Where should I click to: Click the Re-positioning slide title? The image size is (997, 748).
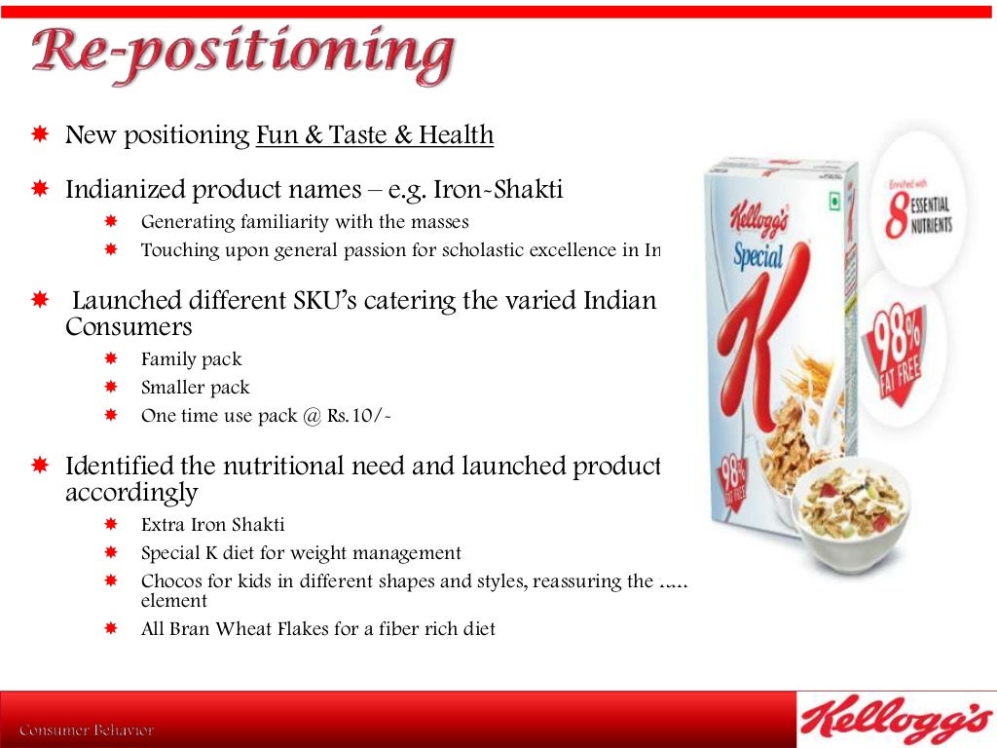click(243, 56)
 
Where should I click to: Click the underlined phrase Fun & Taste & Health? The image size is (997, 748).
click(375, 135)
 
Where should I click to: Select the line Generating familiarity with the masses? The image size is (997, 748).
click(305, 222)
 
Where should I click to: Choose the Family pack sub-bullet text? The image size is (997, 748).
click(191, 359)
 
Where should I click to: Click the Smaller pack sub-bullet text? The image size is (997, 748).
click(195, 388)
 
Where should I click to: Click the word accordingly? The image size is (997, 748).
click(131, 492)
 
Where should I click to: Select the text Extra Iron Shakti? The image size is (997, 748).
click(212, 525)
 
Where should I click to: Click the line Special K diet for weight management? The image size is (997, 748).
click(301, 553)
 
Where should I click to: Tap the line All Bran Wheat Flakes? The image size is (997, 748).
click(317, 629)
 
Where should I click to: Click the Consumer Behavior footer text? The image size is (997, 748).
click(87, 729)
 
